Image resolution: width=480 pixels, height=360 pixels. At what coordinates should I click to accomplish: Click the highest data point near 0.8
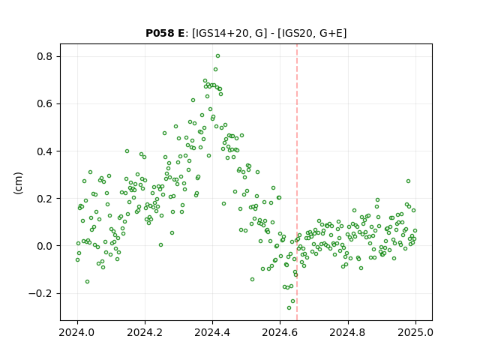(x=217, y=56)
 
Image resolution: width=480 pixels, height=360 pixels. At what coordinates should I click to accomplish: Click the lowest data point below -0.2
(x=289, y=307)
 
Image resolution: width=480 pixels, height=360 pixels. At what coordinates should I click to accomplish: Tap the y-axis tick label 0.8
(x=44, y=57)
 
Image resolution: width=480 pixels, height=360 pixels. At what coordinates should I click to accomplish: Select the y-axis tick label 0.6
(x=44, y=104)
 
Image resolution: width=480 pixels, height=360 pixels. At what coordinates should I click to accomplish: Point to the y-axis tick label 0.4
(x=44, y=151)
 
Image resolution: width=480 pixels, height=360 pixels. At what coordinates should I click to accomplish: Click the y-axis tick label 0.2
(x=44, y=199)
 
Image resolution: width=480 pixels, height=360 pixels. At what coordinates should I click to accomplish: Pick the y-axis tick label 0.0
(x=44, y=246)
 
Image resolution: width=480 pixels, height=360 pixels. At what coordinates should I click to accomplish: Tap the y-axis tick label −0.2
(x=40, y=293)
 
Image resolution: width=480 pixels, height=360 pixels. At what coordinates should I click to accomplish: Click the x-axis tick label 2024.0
(x=76, y=332)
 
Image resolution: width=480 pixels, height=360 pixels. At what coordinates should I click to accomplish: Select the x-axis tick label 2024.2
(x=145, y=332)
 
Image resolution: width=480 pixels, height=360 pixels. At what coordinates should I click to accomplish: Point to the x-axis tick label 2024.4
(x=212, y=332)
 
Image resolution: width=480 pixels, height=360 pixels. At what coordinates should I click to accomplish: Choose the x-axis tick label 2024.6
(x=280, y=332)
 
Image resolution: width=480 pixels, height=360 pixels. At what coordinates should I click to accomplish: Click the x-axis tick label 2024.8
(x=347, y=332)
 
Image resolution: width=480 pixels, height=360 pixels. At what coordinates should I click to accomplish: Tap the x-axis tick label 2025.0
(x=415, y=332)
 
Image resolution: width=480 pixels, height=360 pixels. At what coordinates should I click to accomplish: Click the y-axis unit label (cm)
(x=18, y=183)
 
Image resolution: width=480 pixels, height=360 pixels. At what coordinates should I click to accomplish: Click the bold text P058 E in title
(x=165, y=33)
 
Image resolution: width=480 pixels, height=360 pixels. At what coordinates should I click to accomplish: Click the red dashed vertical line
(x=297, y=182)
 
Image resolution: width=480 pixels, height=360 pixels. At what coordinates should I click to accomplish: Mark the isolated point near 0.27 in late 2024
(x=408, y=181)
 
